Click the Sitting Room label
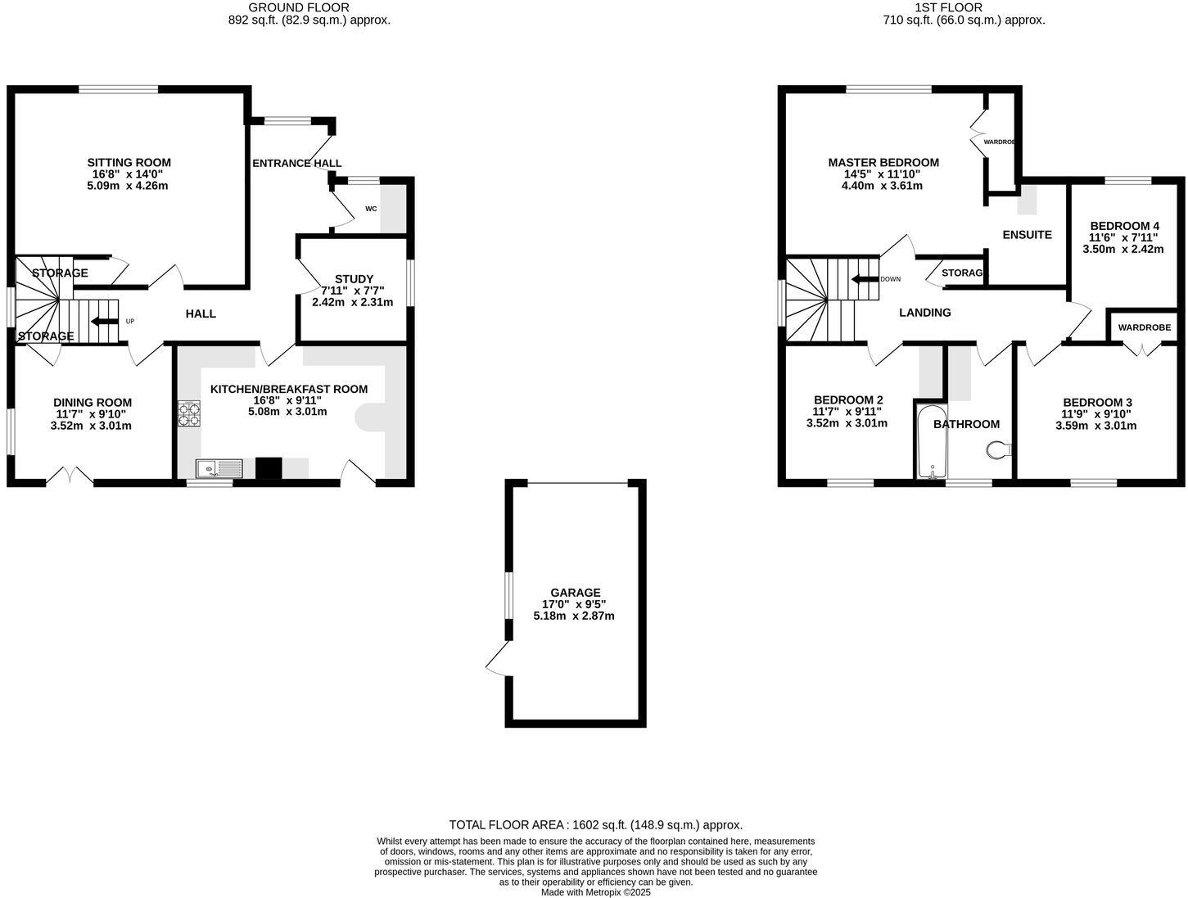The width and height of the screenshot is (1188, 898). click(x=129, y=162)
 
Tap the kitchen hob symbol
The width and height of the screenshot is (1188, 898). click(x=189, y=413)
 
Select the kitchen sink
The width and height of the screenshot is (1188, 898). click(x=219, y=468)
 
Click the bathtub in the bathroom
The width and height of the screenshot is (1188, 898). click(x=932, y=442)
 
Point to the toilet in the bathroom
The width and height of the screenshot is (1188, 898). click(x=999, y=449)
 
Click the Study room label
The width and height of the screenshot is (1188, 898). click(x=354, y=279)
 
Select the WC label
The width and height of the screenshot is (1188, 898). click(x=371, y=209)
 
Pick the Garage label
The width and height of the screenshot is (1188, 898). click(x=575, y=593)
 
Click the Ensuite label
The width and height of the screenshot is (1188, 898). click(x=1027, y=235)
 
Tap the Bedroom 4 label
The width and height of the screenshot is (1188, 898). click(x=1124, y=226)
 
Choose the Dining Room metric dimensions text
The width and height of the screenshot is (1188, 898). click(x=91, y=426)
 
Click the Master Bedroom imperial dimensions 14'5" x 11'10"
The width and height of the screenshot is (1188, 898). click(x=882, y=174)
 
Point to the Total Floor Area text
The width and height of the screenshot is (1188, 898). click(x=595, y=825)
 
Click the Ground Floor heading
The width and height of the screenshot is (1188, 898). click(x=299, y=7)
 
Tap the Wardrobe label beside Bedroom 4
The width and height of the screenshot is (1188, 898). click(x=1144, y=327)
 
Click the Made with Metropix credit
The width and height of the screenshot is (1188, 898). click(x=595, y=892)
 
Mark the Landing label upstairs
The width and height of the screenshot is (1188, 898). click(x=924, y=313)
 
